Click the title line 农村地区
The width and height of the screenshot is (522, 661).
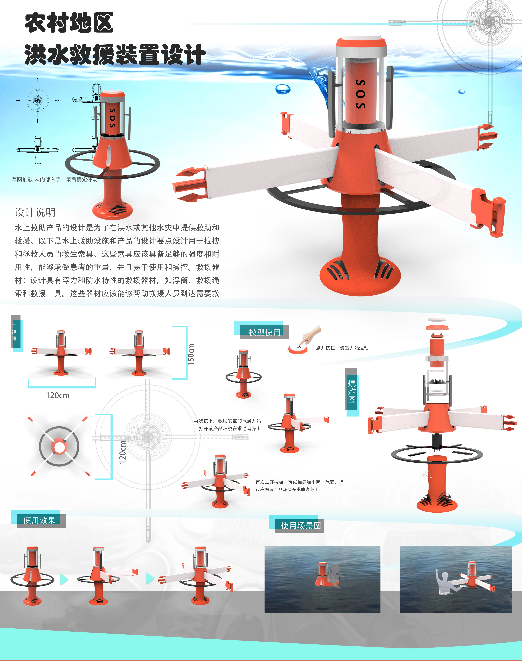69,23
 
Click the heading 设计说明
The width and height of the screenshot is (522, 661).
35,212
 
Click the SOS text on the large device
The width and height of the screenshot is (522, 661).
361,94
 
